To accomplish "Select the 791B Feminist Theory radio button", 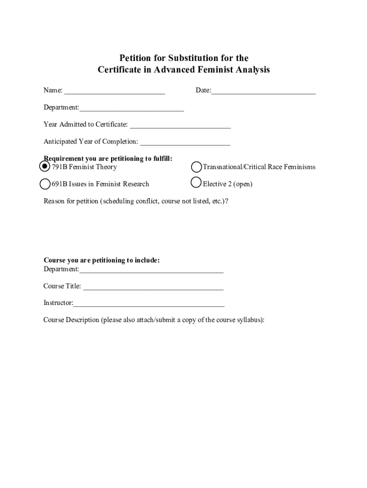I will tap(44, 166).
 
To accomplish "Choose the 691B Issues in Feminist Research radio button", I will tap(45, 184).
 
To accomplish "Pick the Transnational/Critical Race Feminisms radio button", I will tap(196, 167).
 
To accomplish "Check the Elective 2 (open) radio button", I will tap(196, 183).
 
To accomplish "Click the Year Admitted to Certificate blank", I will tap(180, 126).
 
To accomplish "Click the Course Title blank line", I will tap(153, 287).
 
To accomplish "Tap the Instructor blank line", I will tap(149, 304).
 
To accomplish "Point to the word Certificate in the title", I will tap(119, 70).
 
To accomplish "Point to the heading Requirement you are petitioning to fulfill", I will tap(108, 158).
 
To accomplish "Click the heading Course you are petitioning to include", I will tap(102, 260).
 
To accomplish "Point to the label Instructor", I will tap(58, 303).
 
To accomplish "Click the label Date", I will tap(203, 90).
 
